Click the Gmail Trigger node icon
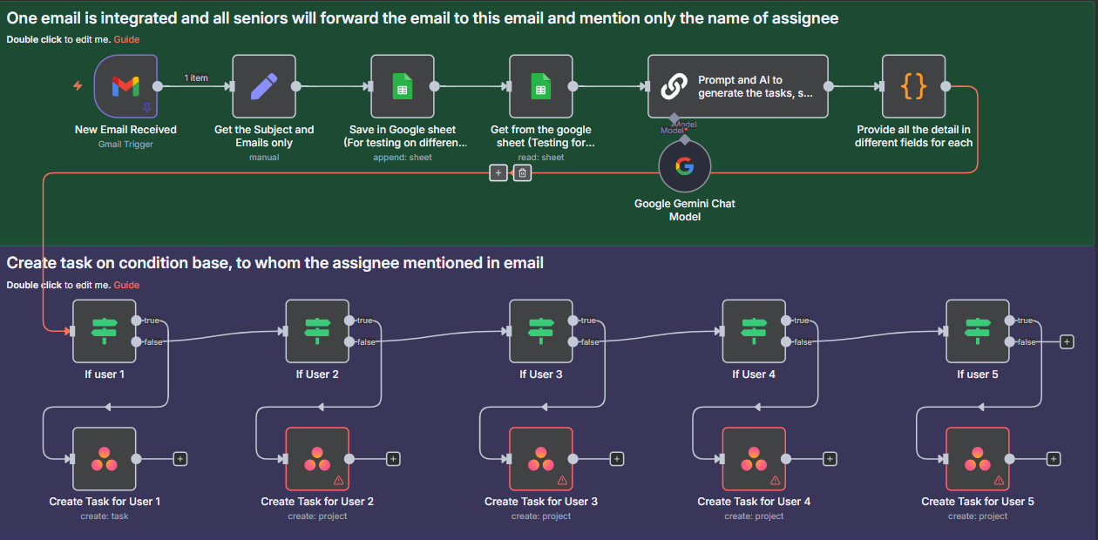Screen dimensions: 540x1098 pyautogui.click(x=125, y=86)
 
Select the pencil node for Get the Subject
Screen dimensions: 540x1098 pyautogui.click(x=264, y=86)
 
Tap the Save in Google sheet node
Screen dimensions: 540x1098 pyautogui.click(x=403, y=86)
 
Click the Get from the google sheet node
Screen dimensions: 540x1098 pyautogui.click(x=540, y=86)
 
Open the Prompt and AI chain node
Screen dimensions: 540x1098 pyautogui.click(x=737, y=86)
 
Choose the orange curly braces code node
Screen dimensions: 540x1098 pyautogui.click(x=913, y=86)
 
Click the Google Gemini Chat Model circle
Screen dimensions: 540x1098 pyautogui.click(x=684, y=166)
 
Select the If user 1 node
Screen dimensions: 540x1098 pyautogui.click(x=105, y=331)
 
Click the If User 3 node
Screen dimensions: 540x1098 pyautogui.click(x=540, y=331)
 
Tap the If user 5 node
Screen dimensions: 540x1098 pyautogui.click(x=978, y=331)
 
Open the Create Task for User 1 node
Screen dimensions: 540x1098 pyautogui.click(x=105, y=458)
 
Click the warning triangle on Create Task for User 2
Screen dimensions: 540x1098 pyautogui.click(x=338, y=480)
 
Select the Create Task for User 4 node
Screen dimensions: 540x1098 pyautogui.click(x=754, y=458)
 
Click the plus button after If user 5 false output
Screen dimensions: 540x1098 pyautogui.click(x=1067, y=342)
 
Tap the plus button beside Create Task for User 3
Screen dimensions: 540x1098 pyautogui.click(x=617, y=459)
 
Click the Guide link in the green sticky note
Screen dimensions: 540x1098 pyautogui.click(x=126, y=39)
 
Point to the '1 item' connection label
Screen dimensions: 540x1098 pyautogui.click(x=196, y=78)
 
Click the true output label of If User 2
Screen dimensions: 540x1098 pyautogui.click(x=365, y=321)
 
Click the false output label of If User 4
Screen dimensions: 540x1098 pyautogui.click(x=803, y=342)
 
